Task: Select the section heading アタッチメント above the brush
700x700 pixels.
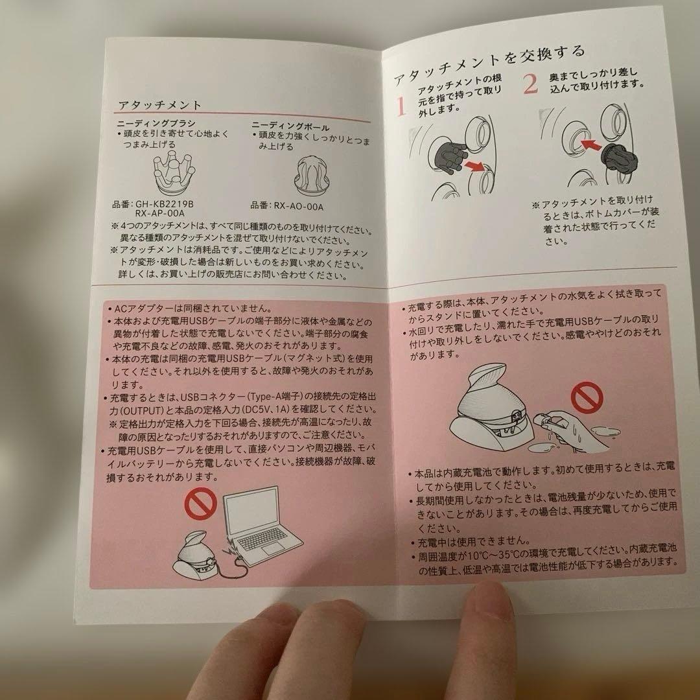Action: coord(161,104)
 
